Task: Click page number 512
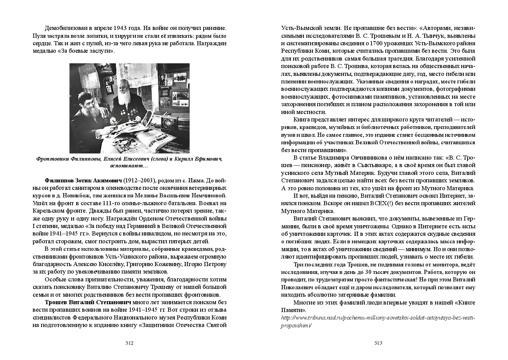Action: [129, 343]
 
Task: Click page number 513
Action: [378, 343]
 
